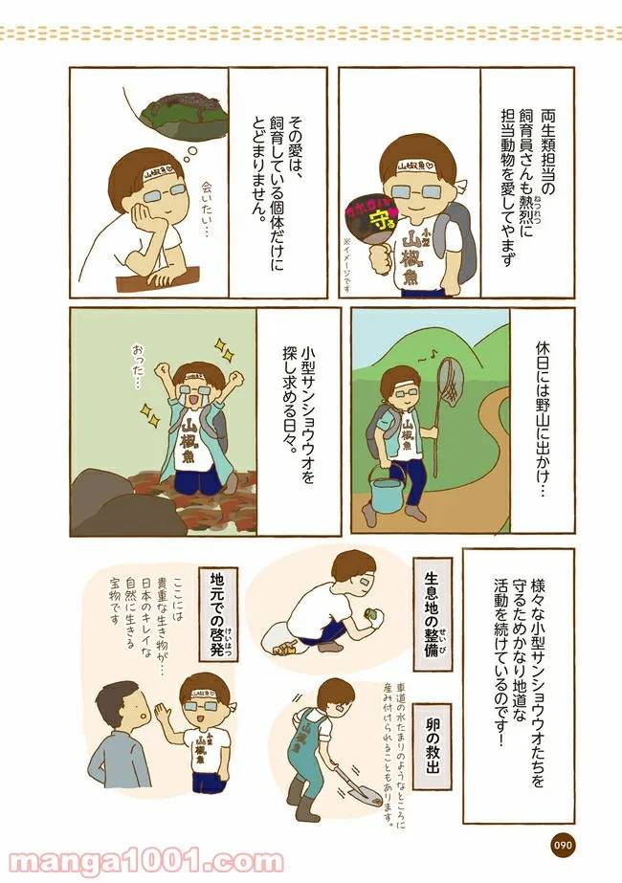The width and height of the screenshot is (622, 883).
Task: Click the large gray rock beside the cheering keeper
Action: [x=102, y=497]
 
